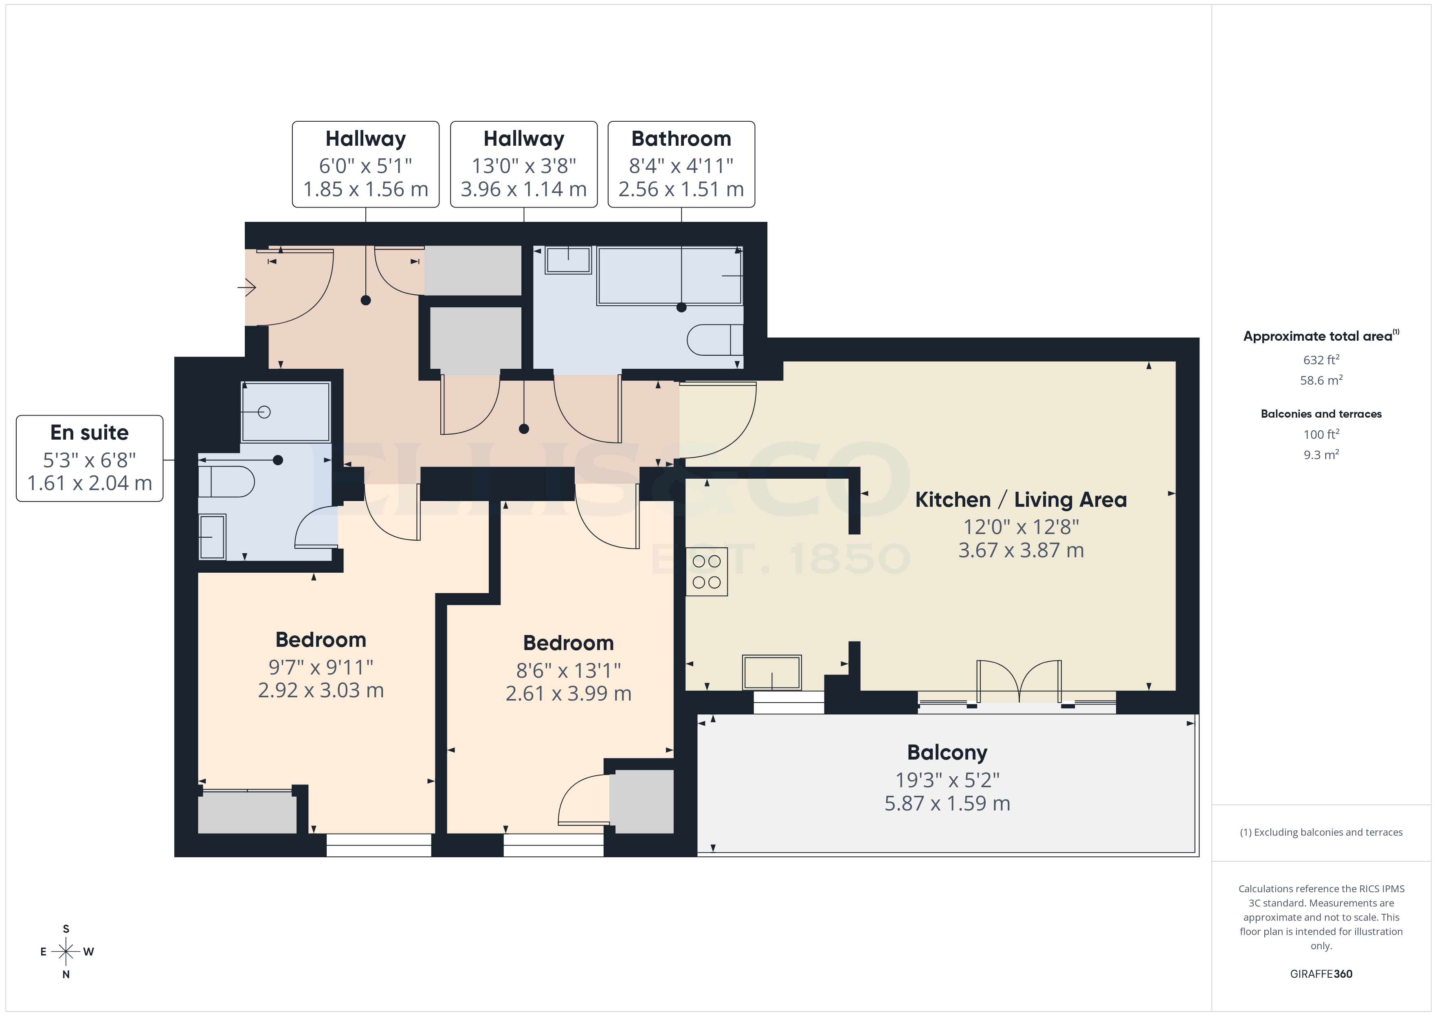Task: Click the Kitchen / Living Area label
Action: coord(1020,500)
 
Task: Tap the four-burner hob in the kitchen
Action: coord(707,572)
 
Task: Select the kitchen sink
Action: coord(772,672)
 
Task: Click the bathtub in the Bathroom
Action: coord(669,276)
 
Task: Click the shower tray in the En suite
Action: coord(286,412)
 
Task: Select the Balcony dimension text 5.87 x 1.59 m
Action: coord(947,803)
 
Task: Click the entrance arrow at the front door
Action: coord(247,288)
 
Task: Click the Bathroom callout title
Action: coord(681,138)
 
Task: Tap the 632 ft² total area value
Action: coord(1321,360)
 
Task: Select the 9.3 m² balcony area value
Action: coord(1321,455)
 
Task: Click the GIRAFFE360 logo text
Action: coord(1321,974)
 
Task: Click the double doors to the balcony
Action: coord(1019,682)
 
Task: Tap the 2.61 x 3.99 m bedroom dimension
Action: coord(568,694)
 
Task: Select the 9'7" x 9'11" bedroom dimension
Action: coord(321,668)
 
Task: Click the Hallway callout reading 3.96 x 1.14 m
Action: coord(524,164)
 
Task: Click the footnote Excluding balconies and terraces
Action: coord(1321,832)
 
